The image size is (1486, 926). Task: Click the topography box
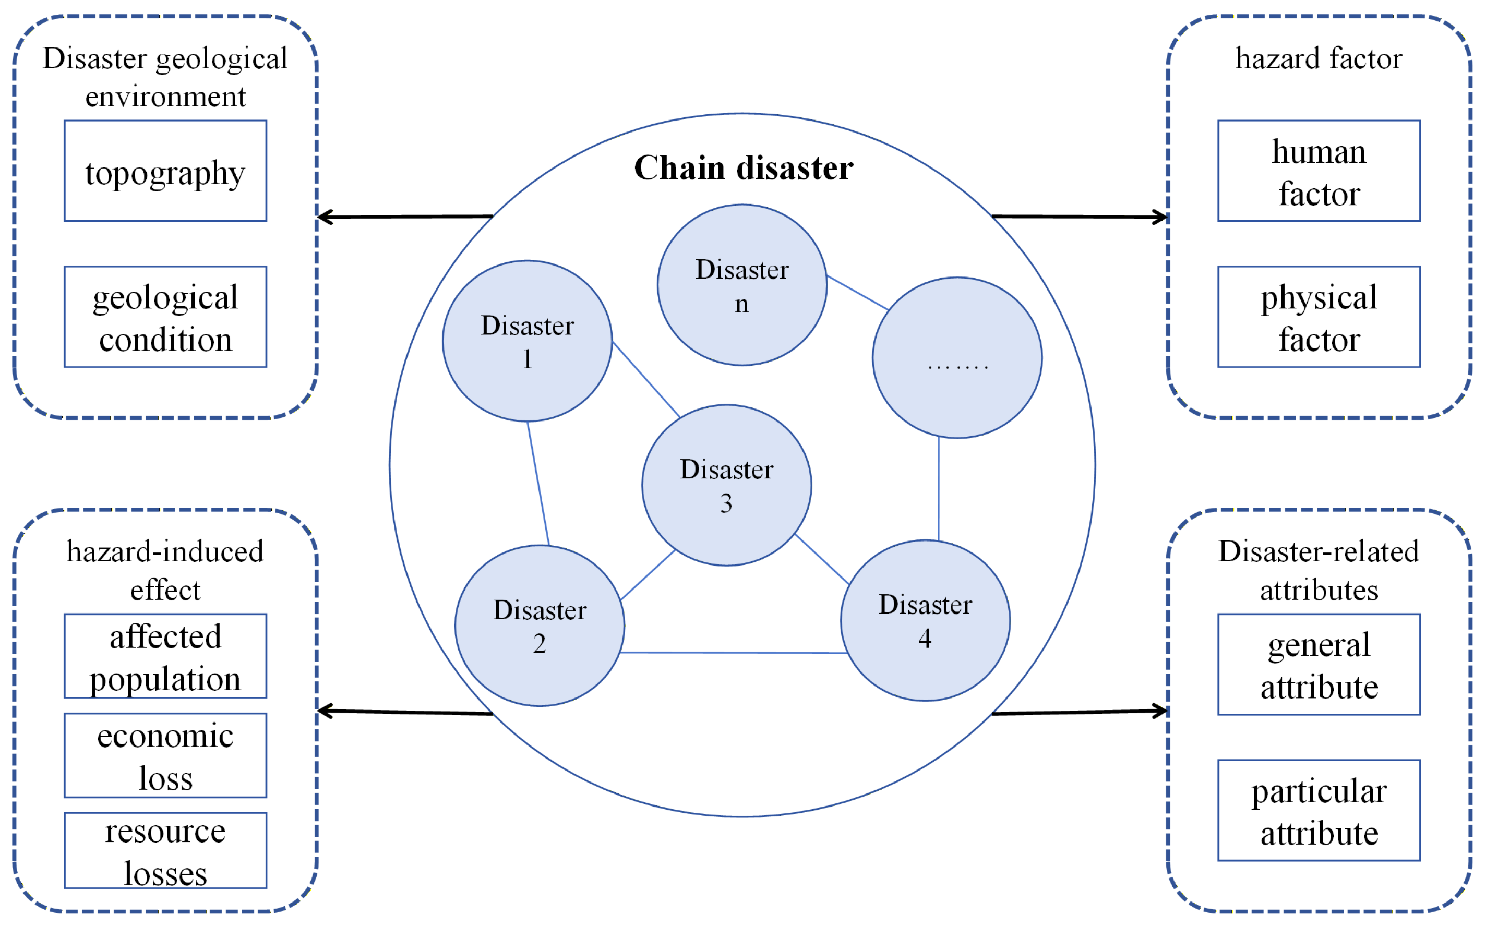pos(165,171)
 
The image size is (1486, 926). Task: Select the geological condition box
pos(165,317)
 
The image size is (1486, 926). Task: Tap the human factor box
pos(1319,171)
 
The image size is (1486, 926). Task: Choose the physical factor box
pos(1319,317)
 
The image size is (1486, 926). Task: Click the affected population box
pos(165,656)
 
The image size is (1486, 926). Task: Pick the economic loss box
pos(165,756)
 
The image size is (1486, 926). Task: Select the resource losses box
pos(165,851)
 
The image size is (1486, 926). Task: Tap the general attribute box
pos(1319,665)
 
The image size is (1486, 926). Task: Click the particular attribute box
pos(1319,811)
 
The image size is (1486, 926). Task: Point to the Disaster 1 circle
pos(528,341)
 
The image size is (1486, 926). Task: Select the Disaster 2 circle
pos(540,626)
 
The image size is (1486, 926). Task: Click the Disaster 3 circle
pos(727,485)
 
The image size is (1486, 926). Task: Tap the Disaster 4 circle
pos(926,620)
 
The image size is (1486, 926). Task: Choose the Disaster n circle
pos(742,285)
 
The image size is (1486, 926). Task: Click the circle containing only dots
pos(957,358)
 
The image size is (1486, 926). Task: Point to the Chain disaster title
pos(743,168)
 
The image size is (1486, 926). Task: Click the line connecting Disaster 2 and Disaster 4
pos(734,653)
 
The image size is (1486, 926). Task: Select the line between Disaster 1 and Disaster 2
pos(538,484)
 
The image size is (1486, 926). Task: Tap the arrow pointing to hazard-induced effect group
pos(405,712)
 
